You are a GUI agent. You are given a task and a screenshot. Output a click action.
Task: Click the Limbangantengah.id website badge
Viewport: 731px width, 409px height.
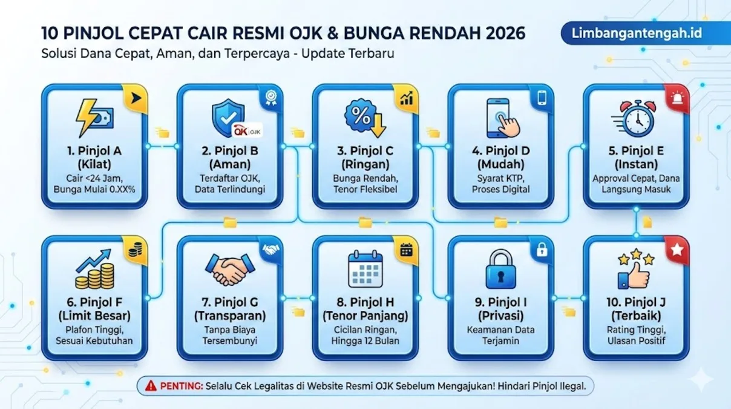pos(637,33)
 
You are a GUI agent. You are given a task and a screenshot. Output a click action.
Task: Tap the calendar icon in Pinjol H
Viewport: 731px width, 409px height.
pos(365,268)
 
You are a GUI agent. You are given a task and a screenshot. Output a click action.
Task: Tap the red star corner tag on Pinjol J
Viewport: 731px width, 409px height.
pos(677,249)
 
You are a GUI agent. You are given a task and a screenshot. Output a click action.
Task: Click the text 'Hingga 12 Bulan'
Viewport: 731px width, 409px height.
pos(365,341)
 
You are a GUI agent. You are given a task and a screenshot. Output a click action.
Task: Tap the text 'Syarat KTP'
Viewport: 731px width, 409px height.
pos(500,178)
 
